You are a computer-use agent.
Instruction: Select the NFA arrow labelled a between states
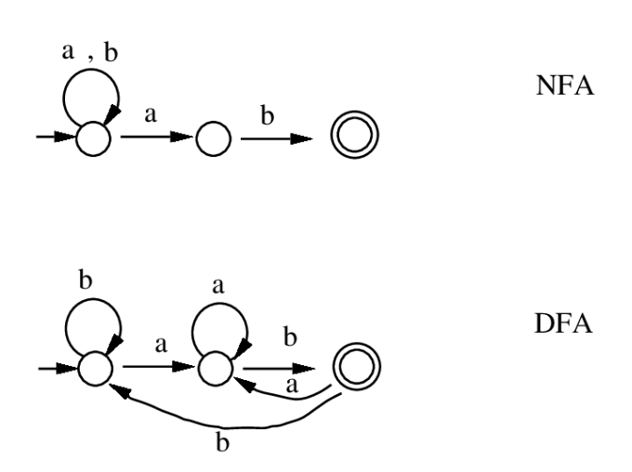click(153, 139)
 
